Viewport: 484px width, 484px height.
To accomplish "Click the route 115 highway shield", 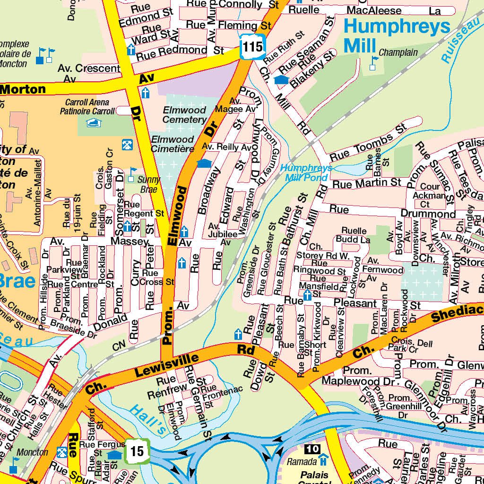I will tap(252, 46).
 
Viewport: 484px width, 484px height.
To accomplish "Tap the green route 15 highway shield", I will tap(137, 451).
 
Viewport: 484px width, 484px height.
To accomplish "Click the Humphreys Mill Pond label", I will tap(306, 173).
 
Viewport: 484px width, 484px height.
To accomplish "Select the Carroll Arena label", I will tap(87, 107).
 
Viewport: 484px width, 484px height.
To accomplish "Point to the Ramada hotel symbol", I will tap(323, 459).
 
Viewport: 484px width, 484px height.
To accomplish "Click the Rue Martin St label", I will tap(366, 182).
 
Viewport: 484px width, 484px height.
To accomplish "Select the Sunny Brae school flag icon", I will tap(133, 171).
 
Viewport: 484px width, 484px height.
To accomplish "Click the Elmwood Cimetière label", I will tap(173, 144).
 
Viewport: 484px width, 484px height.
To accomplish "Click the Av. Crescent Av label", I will tap(88, 72).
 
